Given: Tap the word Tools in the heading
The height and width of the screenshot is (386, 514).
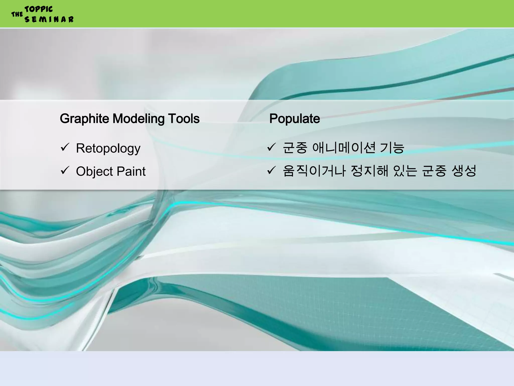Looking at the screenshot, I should pyautogui.click(x=184, y=119).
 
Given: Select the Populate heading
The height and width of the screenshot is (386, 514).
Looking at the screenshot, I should pyautogui.click(x=294, y=119).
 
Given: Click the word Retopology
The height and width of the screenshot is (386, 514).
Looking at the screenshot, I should pyautogui.click(x=108, y=149).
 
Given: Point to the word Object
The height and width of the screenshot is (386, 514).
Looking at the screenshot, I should pyautogui.click(x=94, y=172).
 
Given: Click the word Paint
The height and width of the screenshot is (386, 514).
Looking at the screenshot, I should pyautogui.click(x=131, y=171).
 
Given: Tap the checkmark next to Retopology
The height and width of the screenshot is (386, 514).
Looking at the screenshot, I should pyautogui.click(x=65, y=147).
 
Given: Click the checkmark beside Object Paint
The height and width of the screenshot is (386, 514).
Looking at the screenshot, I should pyautogui.click(x=65, y=170).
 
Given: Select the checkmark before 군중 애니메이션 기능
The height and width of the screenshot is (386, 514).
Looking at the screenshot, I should pyautogui.click(x=271, y=147).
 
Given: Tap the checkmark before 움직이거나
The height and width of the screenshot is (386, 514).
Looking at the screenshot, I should pyautogui.click(x=271, y=170).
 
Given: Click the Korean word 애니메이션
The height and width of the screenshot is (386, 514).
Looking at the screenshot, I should pyautogui.click(x=344, y=148).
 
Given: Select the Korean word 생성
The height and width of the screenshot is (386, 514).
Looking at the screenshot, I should pyautogui.click(x=464, y=171).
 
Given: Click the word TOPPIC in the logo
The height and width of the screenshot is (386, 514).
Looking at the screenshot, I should pyautogui.click(x=39, y=9).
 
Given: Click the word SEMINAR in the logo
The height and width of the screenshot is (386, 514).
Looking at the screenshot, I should pyautogui.click(x=49, y=19).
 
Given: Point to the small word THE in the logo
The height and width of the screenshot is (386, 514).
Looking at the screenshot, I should pyautogui.click(x=17, y=14).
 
